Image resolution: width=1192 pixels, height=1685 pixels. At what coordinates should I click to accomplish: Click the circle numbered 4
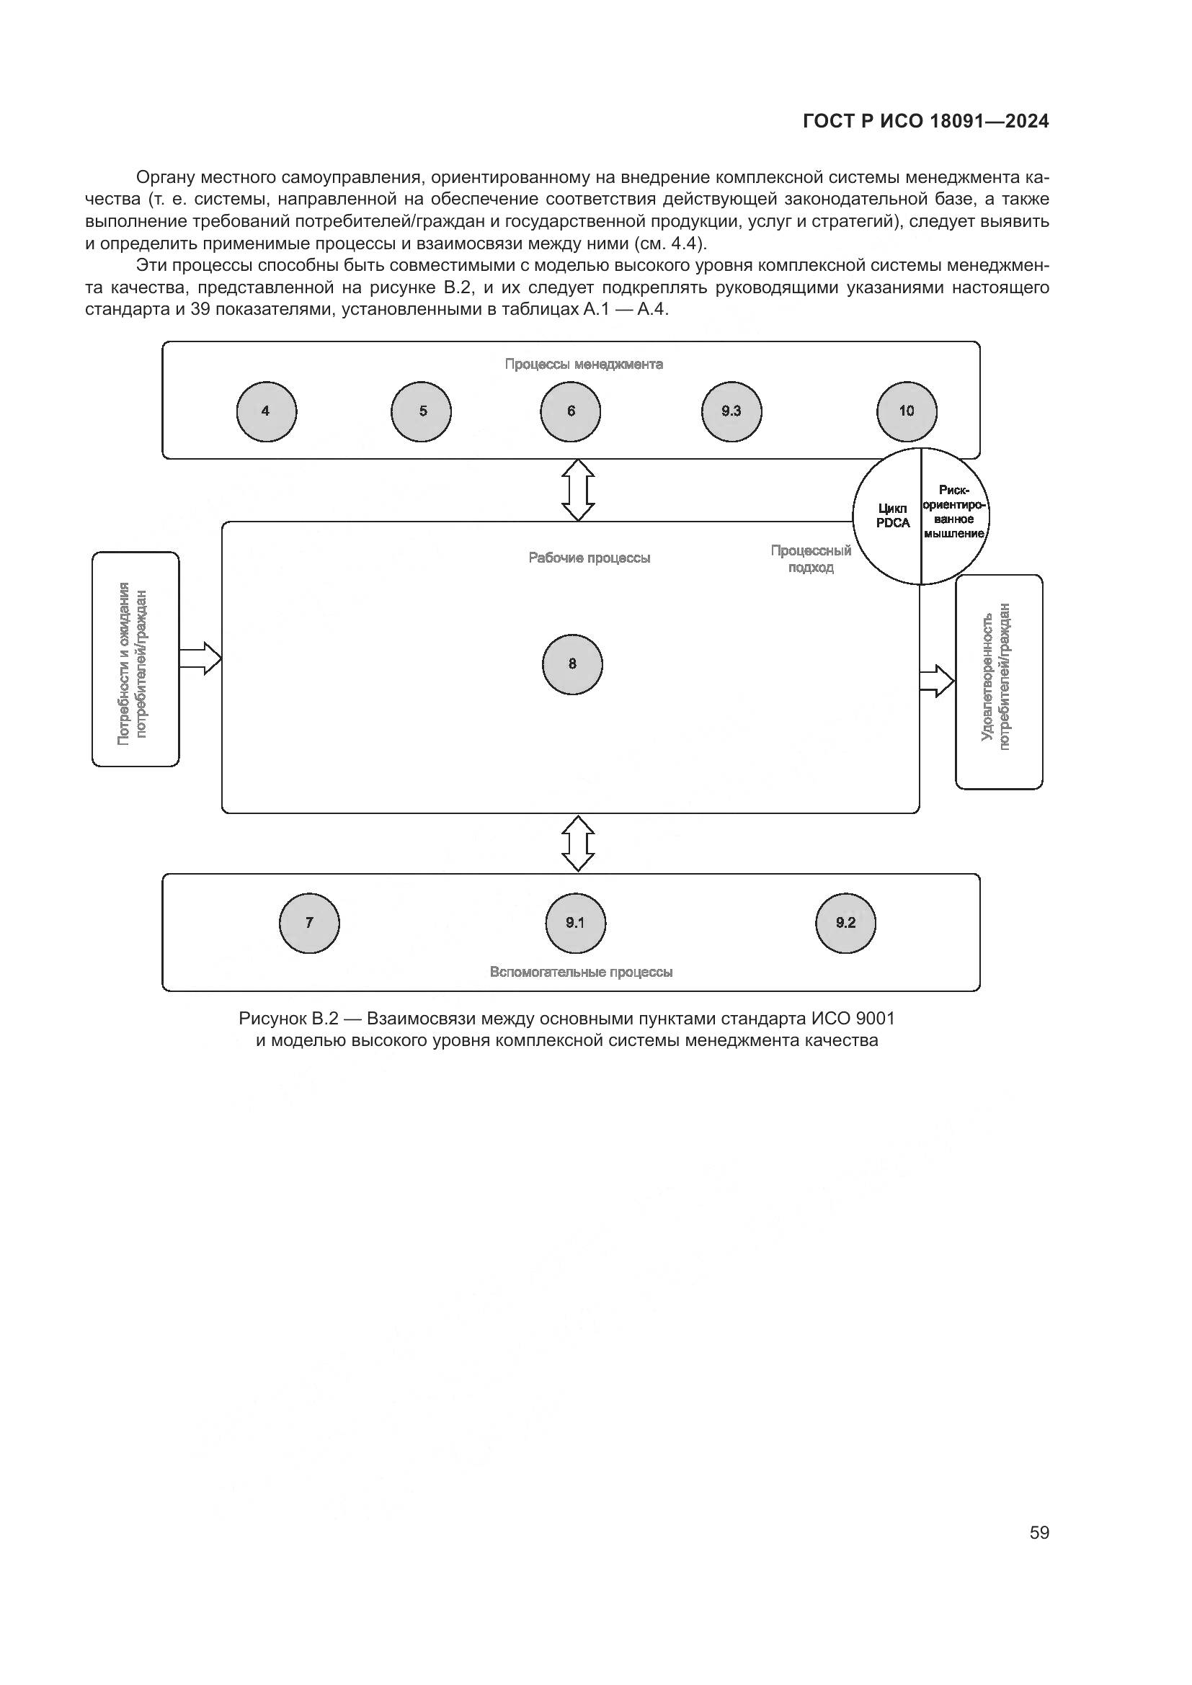pos(267,412)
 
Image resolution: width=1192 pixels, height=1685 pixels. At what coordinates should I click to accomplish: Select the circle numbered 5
pos(422,412)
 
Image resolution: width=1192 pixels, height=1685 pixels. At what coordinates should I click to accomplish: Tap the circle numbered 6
pos(570,412)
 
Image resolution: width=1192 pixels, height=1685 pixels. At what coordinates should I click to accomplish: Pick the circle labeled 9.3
pos(731,412)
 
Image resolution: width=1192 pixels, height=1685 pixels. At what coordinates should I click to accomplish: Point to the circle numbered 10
pos(907,412)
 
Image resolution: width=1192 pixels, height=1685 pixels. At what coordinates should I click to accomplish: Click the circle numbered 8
pos(572,664)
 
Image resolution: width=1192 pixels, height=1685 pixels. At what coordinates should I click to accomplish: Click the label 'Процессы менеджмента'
pos(584,365)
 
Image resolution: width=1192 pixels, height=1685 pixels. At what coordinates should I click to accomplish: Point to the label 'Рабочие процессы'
pos(590,558)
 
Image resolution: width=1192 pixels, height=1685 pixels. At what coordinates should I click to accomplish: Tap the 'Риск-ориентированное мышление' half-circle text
pos(955,512)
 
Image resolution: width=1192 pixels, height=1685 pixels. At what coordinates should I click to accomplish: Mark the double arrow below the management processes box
pos(578,491)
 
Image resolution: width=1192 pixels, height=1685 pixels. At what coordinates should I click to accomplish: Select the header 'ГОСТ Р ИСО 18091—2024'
pos(926,122)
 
